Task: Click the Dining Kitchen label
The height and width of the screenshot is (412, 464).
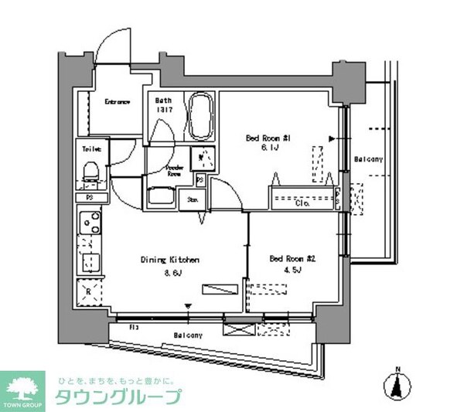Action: click(170, 260)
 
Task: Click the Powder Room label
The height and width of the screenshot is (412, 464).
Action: click(175, 172)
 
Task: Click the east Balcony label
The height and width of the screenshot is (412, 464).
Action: click(368, 159)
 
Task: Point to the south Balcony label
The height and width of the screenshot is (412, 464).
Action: click(188, 335)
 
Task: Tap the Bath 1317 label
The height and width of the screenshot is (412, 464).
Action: click(164, 105)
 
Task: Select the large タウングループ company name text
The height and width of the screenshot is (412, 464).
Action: click(118, 397)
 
